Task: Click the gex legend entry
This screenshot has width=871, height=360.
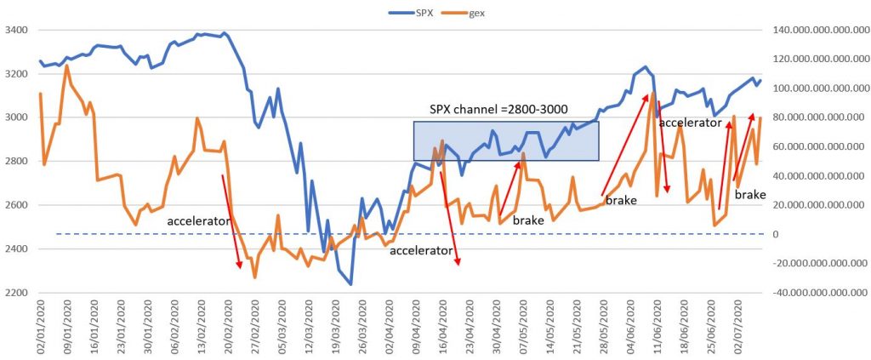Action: (477, 13)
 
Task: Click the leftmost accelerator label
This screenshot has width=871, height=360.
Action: (199, 221)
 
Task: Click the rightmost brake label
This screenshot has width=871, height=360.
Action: (750, 195)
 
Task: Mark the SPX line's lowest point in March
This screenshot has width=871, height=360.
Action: (350, 284)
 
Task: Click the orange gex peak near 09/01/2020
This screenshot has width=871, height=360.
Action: (67, 66)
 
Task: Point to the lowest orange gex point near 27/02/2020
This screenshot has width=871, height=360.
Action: (254, 277)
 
